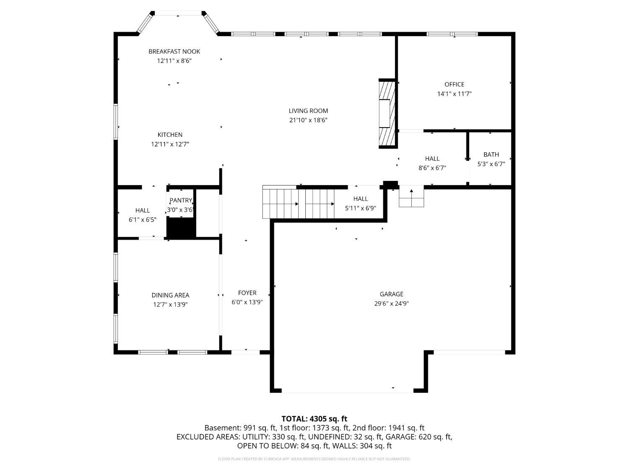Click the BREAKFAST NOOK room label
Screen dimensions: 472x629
point(174,52)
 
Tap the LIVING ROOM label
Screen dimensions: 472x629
point(308,111)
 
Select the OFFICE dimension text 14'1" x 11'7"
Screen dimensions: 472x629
point(454,94)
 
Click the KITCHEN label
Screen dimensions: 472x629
point(170,135)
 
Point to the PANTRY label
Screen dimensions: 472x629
point(181,201)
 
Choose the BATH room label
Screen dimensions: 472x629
point(491,154)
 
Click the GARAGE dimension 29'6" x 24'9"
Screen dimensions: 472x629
point(391,304)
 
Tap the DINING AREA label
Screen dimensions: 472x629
point(170,295)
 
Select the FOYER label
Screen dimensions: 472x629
point(247,293)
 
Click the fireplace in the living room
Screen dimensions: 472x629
point(387,113)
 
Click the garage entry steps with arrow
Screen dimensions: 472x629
point(411,197)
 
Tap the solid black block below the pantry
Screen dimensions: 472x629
point(181,229)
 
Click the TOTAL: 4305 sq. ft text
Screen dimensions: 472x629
point(314,419)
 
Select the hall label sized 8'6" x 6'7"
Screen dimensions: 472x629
point(432,159)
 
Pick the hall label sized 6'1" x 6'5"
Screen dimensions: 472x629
point(143,210)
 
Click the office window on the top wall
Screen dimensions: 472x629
point(452,34)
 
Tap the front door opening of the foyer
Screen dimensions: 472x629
point(245,352)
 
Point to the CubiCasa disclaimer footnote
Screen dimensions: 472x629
point(314,459)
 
